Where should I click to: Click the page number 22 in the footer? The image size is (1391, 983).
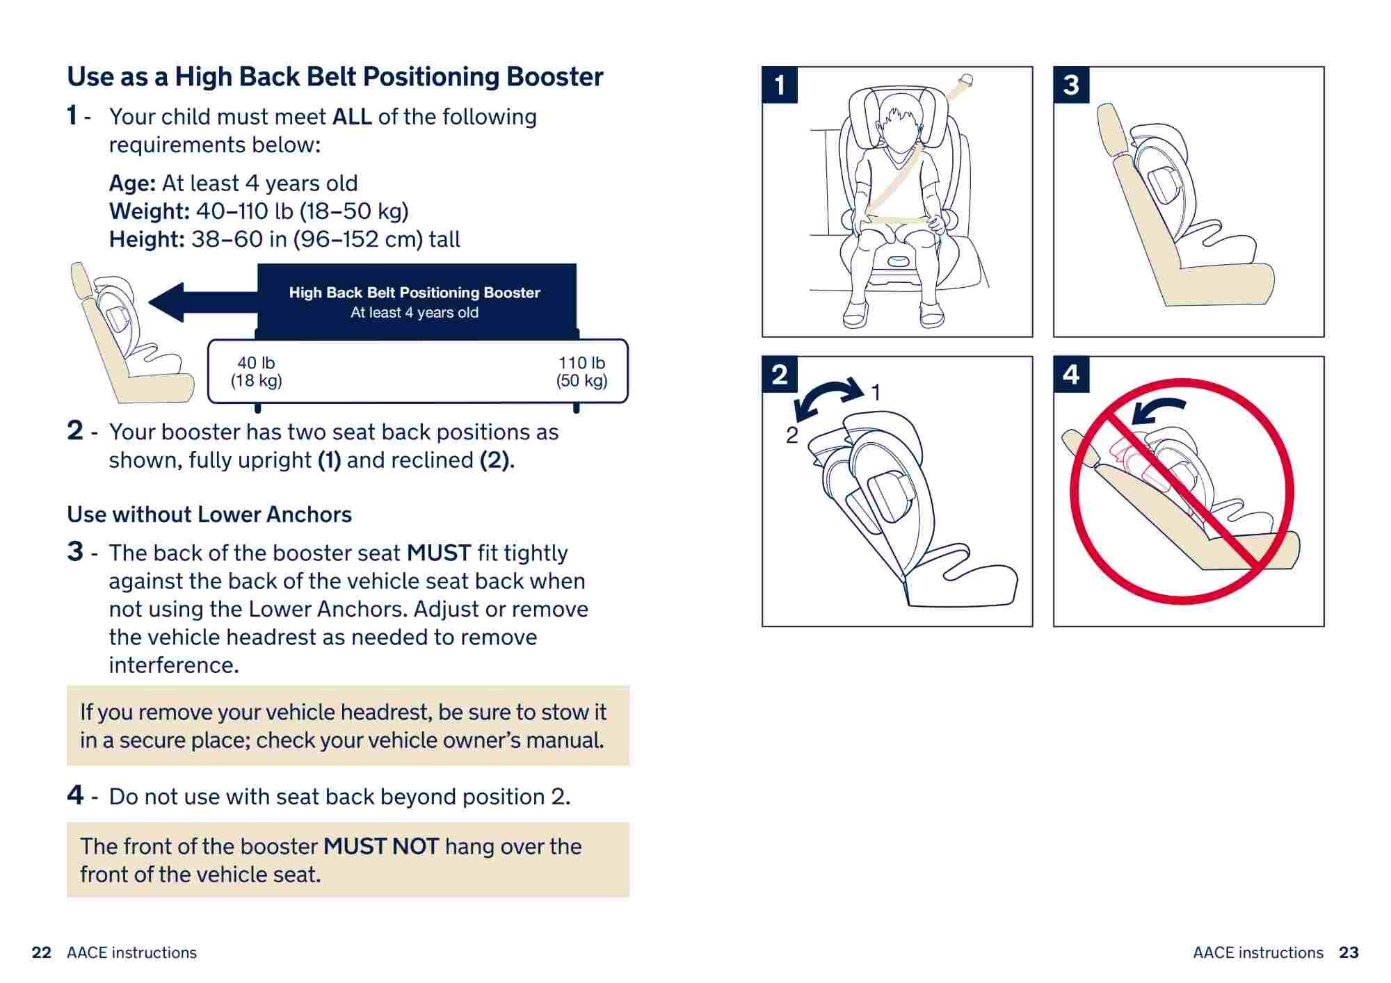(x=42, y=952)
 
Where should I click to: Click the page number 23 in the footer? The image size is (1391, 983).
(x=1349, y=952)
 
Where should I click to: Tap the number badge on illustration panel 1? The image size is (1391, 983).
(x=780, y=85)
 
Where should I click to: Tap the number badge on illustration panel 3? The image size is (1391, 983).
(x=1071, y=85)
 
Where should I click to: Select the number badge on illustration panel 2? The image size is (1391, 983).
(x=780, y=375)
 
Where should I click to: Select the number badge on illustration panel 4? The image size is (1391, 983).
(x=1071, y=375)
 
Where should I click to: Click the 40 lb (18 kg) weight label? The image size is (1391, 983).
(x=256, y=372)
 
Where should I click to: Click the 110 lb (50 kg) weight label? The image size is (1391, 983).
(x=581, y=372)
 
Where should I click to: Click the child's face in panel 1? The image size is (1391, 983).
(x=897, y=129)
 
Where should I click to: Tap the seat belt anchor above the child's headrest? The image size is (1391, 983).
(x=965, y=81)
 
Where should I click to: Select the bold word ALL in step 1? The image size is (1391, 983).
(x=351, y=117)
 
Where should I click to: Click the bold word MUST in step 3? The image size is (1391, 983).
(x=439, y=553)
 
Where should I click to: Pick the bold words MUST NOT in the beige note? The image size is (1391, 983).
(x=381, y=847)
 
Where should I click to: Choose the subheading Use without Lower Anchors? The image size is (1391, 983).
(x=209, y=514)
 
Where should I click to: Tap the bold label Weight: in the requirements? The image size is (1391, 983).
(x=149, y=211)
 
